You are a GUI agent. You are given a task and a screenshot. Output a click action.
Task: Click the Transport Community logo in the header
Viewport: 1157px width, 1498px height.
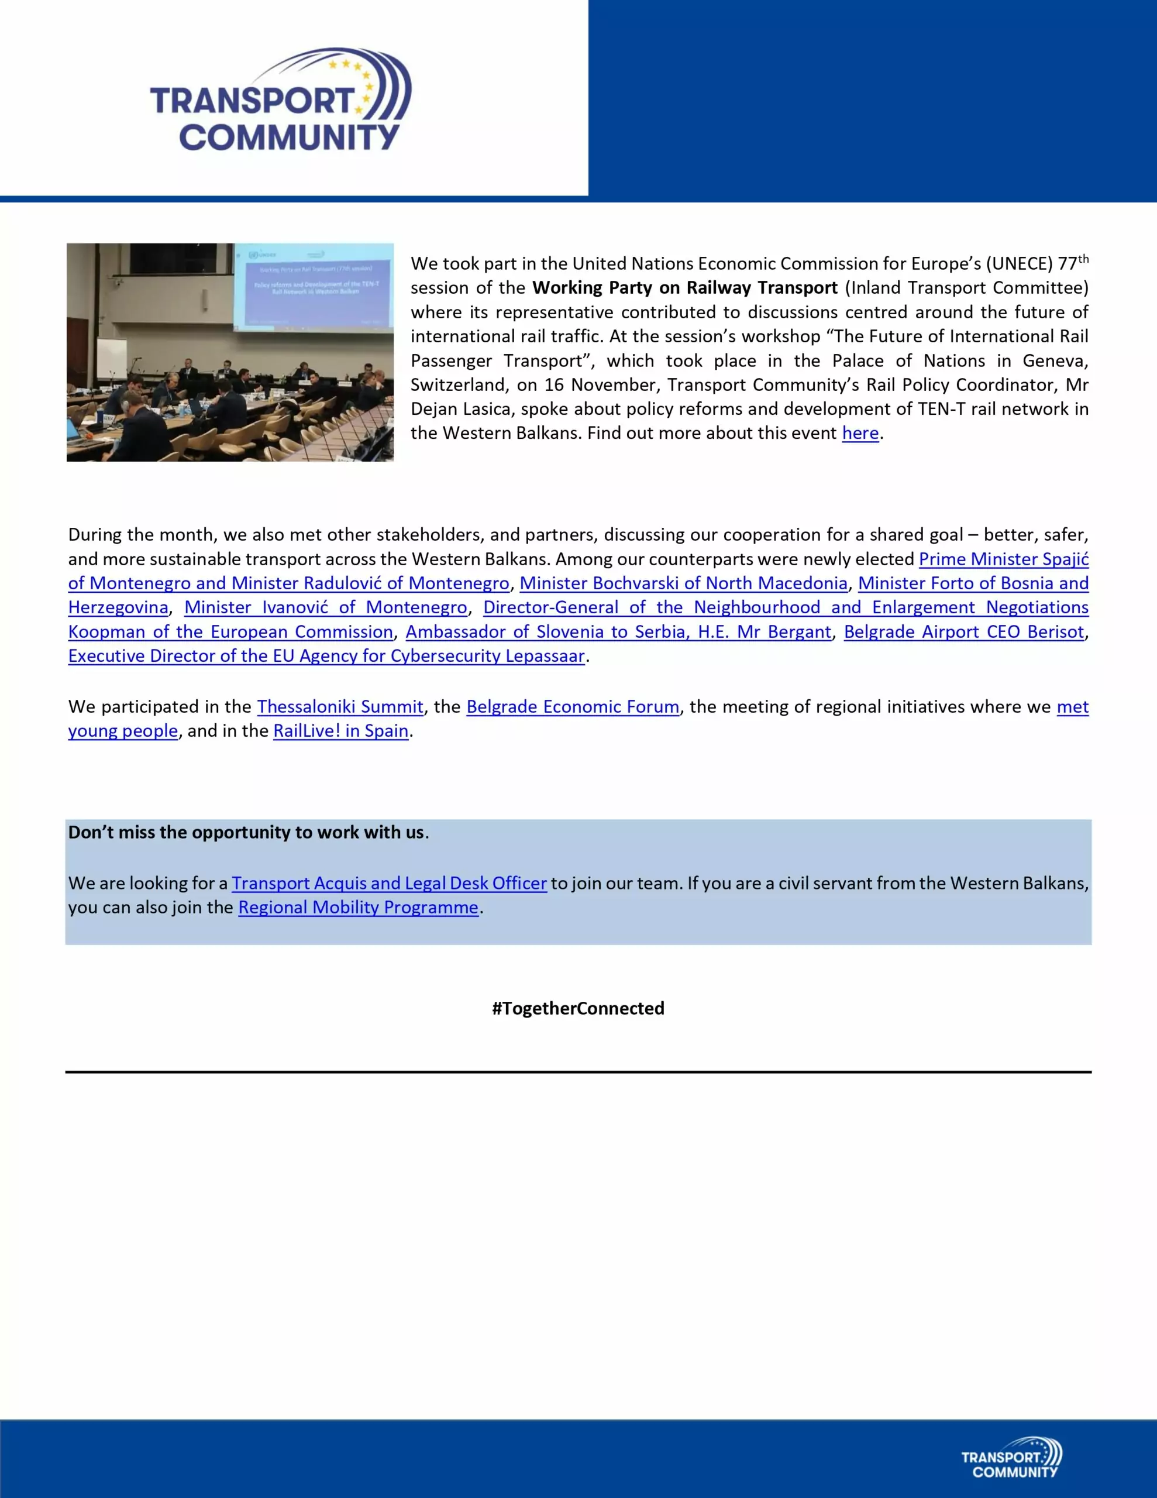click(x=281, y=100)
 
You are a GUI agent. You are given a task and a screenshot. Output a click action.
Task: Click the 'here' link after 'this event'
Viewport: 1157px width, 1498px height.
click(x=860, y=434)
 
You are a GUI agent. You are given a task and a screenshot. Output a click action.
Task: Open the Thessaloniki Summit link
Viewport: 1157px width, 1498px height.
click(x=340, y=707)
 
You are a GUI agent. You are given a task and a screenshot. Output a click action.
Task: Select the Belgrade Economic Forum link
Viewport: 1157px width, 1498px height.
click(x=573, y=707)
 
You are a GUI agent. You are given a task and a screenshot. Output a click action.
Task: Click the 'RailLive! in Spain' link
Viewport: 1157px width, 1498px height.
click(x=341, y=731)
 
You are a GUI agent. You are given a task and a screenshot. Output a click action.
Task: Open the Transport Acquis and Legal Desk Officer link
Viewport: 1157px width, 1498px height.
click(x=389, y=884)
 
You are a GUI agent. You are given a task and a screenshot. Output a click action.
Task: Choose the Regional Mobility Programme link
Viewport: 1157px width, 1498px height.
click(x=358, y=908)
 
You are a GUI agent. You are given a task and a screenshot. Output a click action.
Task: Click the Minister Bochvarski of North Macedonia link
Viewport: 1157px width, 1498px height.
click(x=683, y=584)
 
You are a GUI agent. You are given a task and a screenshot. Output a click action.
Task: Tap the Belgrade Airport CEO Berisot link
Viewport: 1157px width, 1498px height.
click(x=963, y=632)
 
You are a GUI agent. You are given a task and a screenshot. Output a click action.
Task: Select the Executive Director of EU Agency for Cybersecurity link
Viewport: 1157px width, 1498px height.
click(x=326, y=657)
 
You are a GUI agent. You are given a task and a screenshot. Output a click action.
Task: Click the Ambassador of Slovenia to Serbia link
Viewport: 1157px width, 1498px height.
click(x=618, y=632)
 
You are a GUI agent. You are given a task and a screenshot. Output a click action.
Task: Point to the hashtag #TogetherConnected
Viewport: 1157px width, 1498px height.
click(x=578, y=1008)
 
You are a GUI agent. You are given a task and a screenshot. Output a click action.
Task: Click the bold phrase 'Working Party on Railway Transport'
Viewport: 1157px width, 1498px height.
click(x=684, y=288)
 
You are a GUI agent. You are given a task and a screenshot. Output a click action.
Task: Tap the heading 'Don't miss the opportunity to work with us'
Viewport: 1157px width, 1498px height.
click(x=246, y=833)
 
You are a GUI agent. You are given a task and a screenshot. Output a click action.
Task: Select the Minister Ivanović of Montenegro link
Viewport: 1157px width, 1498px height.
click(x=326, y=608)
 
